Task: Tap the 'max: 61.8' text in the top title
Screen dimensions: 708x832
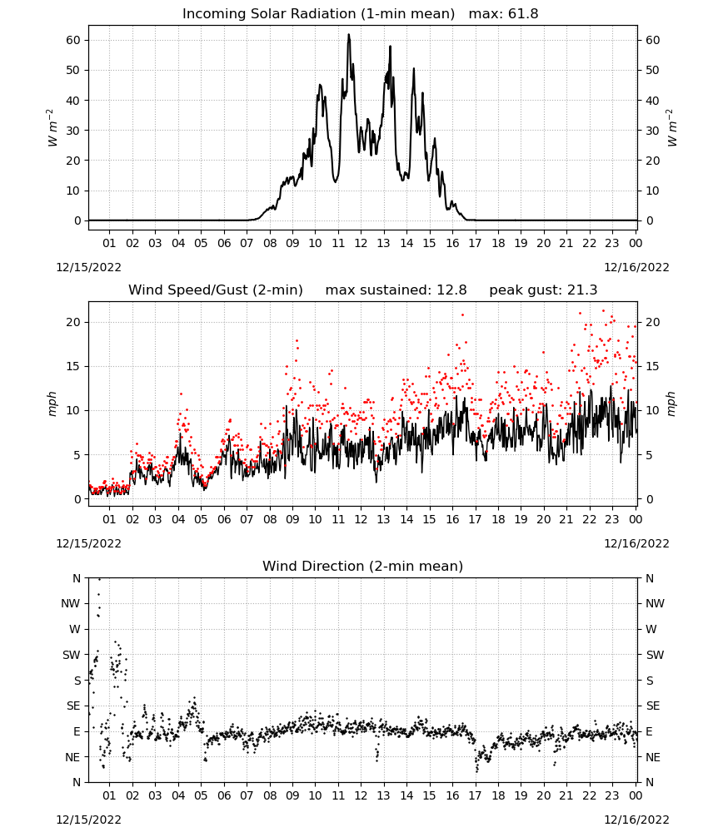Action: (x=503, y=13)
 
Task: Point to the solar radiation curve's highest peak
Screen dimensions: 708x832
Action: (x=349, y=34)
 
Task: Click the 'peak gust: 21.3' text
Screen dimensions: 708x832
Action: (x=543, y=290)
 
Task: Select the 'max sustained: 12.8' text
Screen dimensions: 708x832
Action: (x=396, y=290)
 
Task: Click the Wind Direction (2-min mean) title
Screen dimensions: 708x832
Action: (x=363, y=566)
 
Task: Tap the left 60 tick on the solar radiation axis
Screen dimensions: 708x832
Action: (x=73, y=40)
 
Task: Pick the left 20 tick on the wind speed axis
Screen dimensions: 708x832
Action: (x=73, y=322)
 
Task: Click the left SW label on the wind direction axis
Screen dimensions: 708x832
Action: (x=72, y=655)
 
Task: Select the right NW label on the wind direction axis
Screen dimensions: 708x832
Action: (x=655, y=603)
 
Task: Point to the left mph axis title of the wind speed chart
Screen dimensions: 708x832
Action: (x=52, y=404)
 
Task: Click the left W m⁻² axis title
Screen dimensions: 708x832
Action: (x=51, y=127)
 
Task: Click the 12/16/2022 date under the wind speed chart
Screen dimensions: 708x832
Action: (x=636, y=543)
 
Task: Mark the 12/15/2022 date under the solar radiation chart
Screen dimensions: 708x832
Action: (x=88, y=267)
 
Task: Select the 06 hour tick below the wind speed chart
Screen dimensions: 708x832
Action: (x=223, y=519)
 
